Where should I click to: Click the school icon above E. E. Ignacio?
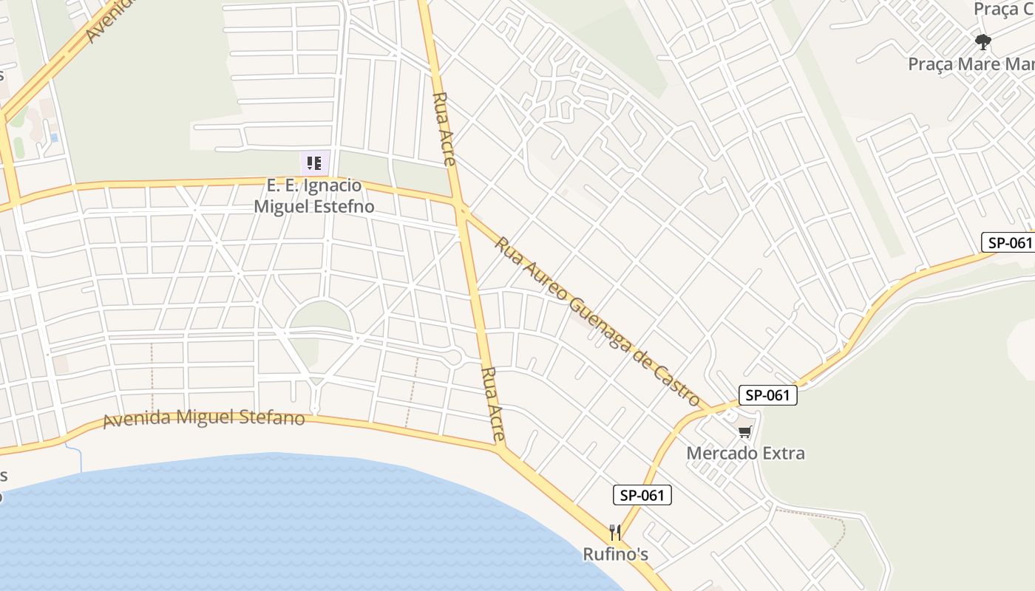[x=314, y=163]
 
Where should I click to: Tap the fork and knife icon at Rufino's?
[x=614, y=532]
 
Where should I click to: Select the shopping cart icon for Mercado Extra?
[x=744, y=431]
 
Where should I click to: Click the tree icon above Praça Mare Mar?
[x=983, y=41]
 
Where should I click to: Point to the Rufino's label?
[x=616, y=553]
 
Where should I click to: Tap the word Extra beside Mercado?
[x=784, y=453]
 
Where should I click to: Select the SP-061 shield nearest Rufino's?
[x=642, y=495]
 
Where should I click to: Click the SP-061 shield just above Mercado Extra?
[x=768, y=395]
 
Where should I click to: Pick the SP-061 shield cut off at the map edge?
[x=1008, y=242]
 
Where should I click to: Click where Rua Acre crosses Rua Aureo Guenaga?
[x=462, y=211]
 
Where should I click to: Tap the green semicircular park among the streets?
[x=319, y=316]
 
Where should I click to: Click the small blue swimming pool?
[x=54, y=138]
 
